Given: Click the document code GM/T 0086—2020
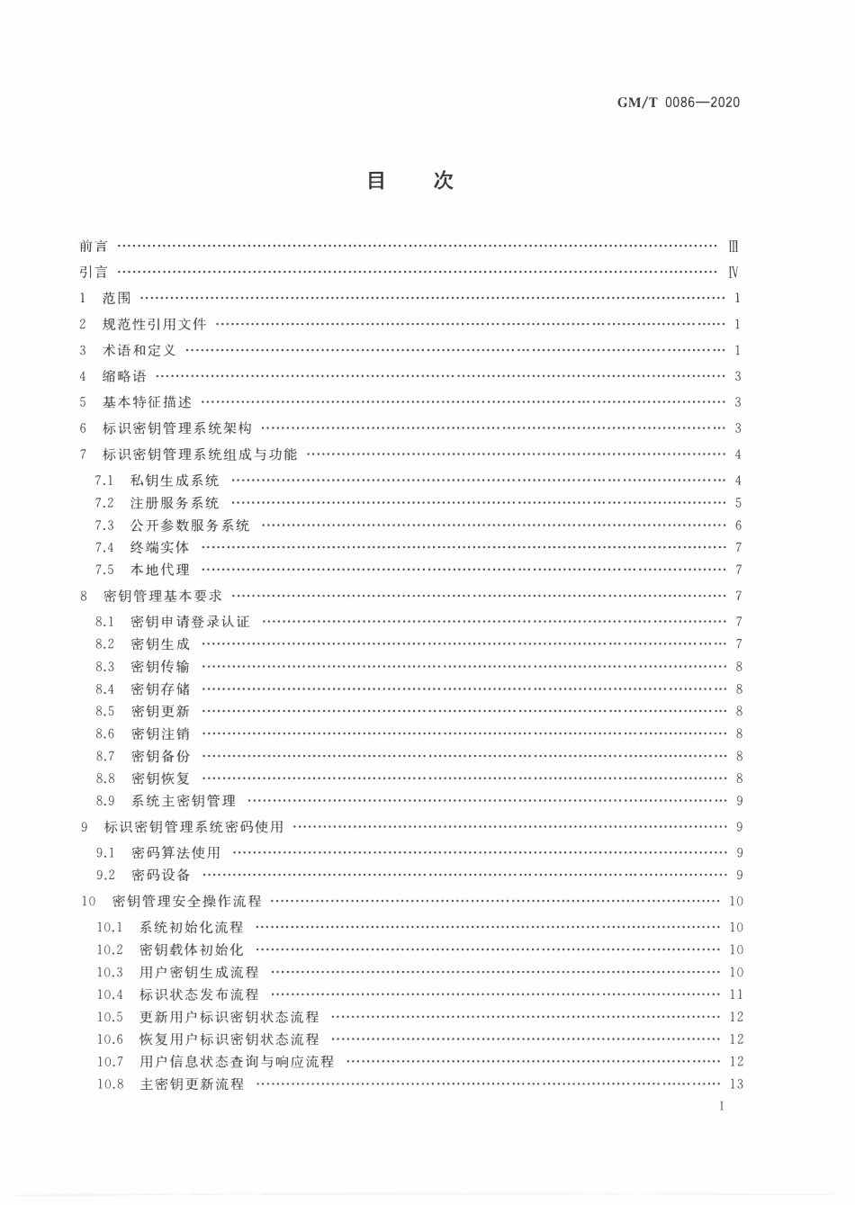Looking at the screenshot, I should click(679, 103).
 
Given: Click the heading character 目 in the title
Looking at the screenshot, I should click(376, 181).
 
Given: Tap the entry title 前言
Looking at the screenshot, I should click(93, 246).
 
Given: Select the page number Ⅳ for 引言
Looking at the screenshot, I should click(733, 272).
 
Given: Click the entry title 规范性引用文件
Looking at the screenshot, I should click(154, 324).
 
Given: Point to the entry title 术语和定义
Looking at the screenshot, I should click(139, 350).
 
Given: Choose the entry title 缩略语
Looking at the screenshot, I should click(124, 376).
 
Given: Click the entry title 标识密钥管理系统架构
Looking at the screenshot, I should click(177, 428).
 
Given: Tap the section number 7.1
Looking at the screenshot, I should click(105, 481).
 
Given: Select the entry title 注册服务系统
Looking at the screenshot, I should click(175, 503).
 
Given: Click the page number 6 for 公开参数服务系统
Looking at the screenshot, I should click(738, 526).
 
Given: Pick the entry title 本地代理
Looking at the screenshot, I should click(160, 570).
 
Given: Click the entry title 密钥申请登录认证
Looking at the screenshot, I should click(190, 622).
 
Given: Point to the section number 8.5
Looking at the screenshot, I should click(105, 711).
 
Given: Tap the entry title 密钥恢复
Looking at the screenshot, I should click(161, 778).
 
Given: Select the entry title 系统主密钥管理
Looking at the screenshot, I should click(184, 801).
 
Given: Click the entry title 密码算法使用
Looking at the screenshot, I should click(175, 852).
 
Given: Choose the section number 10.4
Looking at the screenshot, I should click(110, 994).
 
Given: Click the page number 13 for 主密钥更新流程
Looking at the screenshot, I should click(736, 1084).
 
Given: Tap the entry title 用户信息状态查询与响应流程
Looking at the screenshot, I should click(237, 1062).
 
